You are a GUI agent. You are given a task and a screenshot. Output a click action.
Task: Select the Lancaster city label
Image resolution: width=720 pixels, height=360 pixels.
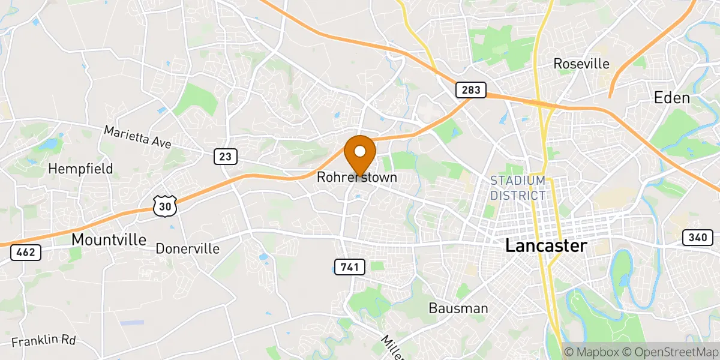[546, 245]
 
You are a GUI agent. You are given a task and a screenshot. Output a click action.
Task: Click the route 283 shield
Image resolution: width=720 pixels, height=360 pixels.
[470, 90]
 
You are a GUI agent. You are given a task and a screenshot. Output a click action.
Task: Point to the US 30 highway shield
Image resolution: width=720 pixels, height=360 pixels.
[164, 206]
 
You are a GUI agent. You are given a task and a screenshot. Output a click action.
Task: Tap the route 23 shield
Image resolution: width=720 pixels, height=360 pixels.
[225, 157]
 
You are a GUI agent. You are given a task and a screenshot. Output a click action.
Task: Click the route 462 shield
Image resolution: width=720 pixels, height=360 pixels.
[26, 253]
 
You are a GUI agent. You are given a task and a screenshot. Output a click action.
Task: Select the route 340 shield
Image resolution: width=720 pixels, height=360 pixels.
[697, 238]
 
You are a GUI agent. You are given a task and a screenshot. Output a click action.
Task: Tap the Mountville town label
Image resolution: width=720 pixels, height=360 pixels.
[109, 239]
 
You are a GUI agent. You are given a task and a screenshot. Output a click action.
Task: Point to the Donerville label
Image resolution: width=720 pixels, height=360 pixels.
[187, 248]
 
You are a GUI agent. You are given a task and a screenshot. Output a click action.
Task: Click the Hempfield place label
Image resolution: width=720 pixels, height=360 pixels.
[81, 169]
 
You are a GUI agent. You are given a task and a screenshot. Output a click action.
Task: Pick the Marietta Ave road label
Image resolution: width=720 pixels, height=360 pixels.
[137, 137]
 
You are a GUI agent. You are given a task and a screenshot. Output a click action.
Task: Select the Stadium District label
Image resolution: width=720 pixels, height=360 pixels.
[518, 188]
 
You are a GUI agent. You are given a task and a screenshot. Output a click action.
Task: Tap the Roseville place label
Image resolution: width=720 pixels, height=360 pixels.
[581, 64]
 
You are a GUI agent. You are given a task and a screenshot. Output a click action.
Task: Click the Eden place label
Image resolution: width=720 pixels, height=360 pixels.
[672, 98]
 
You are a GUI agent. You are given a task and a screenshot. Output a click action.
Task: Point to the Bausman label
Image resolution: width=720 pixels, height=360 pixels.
[458, 308]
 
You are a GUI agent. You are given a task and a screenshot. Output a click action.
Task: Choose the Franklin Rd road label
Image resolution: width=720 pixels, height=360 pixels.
[43, 341]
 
